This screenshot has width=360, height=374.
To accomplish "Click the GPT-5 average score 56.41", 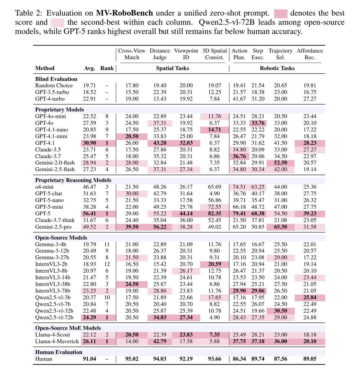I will (x=89, y=213).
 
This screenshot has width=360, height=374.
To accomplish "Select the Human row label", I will (x=44, y=359).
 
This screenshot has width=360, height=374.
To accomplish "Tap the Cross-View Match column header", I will (x=132, y=54).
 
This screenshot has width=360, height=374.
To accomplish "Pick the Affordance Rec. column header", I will (x=310, y=54).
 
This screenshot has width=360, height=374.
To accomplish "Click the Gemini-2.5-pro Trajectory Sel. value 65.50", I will (x=280, y=227).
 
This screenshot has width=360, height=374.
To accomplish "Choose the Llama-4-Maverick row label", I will (x=57, y=341).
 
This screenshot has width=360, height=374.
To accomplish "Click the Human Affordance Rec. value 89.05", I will (x=310, y=359).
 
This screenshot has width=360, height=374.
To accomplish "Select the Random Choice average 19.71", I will (x=89, y=85).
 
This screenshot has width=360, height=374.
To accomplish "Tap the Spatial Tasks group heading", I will (x=172, y=68).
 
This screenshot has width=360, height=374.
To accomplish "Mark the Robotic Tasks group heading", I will (x=277, y=68).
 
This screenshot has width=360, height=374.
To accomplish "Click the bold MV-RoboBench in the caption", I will (x=124, y=13).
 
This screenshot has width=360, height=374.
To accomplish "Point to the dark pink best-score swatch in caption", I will (x=281, y=13).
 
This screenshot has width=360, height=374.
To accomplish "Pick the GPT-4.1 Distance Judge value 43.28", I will (x=160, y=143).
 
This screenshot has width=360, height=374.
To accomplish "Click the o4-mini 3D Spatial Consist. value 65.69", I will (x=215, y=187).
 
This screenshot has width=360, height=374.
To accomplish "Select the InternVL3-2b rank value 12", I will (x=107, y=264).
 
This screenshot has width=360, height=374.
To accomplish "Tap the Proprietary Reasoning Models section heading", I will (x=73, y=180).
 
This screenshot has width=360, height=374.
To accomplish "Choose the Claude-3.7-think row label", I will (x=55, y=220).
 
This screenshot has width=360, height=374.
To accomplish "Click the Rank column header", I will (x=107, y=68).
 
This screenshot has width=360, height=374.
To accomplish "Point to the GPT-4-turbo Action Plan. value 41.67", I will (x=239, y=99).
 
